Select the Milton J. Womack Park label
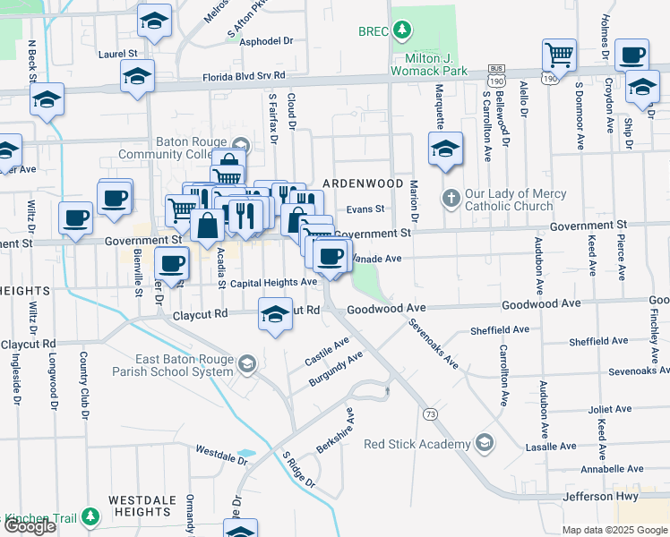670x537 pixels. [x=430, y=70]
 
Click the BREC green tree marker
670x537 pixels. [x=403, y=31]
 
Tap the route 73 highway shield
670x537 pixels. [x=431, y=413]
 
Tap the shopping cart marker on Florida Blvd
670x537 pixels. [x=559, y=55]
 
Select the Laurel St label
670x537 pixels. [x=116, y=54]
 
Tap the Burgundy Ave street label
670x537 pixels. [x=336, y=369]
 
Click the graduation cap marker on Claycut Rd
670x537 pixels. [x=276, y=313]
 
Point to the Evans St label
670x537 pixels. [x=365, y=209]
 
